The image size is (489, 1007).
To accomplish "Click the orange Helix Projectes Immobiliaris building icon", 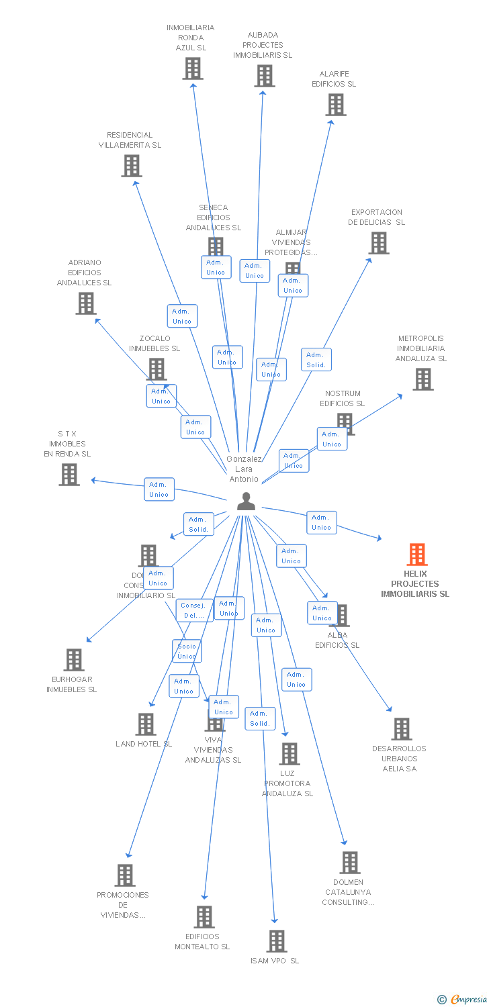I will point(417,555).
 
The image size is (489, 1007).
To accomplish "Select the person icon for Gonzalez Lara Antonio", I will point(247,501).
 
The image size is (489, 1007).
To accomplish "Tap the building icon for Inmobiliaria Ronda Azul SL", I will point(193,68).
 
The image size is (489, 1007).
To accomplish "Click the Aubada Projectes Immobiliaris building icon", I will point(265,76).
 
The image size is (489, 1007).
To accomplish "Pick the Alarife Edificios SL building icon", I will point(335,105).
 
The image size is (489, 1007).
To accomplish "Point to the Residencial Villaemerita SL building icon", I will point(132,166).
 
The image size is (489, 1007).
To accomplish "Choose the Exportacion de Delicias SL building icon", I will point(379,243).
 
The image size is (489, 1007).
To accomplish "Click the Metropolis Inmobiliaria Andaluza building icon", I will point(423,379).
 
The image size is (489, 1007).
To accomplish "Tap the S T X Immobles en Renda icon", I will point(69,475).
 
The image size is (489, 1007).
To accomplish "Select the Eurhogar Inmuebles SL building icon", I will point(74,660).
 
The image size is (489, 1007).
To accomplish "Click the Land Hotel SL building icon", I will point(146,724).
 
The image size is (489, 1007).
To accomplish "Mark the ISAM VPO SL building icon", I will point(277,941).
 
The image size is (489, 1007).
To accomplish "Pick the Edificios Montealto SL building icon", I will point(204,917).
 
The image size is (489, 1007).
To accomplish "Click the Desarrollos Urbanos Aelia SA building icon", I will point(401,729).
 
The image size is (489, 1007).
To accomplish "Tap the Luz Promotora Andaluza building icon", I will point(289,754).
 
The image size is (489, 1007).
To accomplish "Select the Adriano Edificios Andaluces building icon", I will point(86,303).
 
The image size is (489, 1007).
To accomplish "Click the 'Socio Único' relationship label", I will point(187,651).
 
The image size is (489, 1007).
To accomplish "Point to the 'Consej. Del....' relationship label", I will point(195,610).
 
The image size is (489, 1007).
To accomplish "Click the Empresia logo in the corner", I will point(463,1000).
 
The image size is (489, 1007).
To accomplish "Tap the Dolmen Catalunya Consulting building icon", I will point(349,863).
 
